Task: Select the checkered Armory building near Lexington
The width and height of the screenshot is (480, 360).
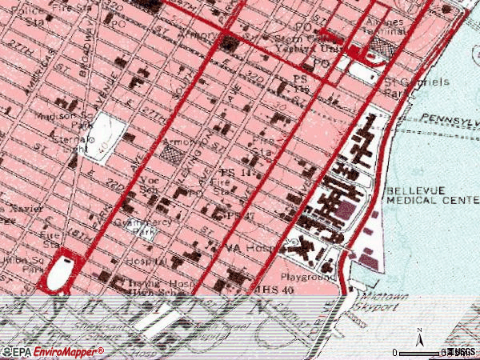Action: [172, 150]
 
